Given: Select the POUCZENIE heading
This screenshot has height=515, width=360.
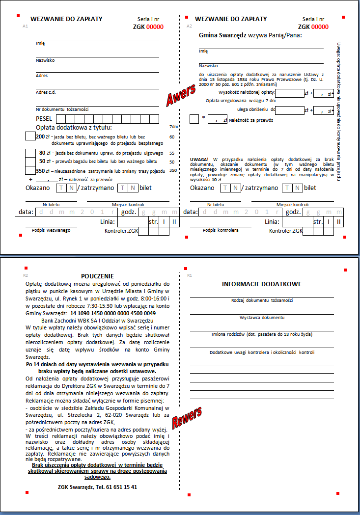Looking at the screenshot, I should pyautogui.click(x=97, y=276).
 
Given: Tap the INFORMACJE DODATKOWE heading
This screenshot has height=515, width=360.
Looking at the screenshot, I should pyautogui.click(x=262, y=284).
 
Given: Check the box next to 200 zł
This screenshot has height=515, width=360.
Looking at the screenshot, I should pyautogui.click(x=30, y=136).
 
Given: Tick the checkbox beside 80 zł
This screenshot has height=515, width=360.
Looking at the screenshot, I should pyautogui.click(x=30, y=153).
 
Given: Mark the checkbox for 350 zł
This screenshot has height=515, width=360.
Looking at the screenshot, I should pyautogui.click(x=30, y=170).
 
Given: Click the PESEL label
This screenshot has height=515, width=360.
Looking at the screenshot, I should pyautogui.click(x=44, y=119).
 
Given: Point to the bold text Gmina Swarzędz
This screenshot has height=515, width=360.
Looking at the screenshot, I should pyautogui.click(x=222, y=35).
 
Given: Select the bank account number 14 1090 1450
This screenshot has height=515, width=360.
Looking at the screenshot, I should pyautogui.click(x=113, y=313).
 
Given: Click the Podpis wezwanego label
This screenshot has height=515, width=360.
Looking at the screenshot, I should pyautogui.click(x=52, y=230).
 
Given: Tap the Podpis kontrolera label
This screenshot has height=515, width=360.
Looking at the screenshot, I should pyautogui.click(x=221, y=230).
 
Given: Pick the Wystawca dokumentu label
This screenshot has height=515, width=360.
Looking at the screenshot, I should pyautogui.click(x=262, y=318).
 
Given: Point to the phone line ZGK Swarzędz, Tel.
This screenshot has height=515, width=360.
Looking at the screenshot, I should pyautogui.click(x=97, y=487).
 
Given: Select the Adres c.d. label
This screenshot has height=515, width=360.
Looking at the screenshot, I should pyautogui.click(x=46, y=92).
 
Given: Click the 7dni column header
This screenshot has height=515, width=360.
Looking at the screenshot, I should pyautogui.click(x=173, y=127).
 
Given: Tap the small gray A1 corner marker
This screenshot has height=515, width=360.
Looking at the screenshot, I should pyautogui.click(x=26, y=26).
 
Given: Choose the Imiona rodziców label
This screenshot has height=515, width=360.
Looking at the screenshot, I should pyautogui.click(x=262, y=334).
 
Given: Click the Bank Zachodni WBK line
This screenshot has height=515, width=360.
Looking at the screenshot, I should pyautogui.click(x=97, y=320).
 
